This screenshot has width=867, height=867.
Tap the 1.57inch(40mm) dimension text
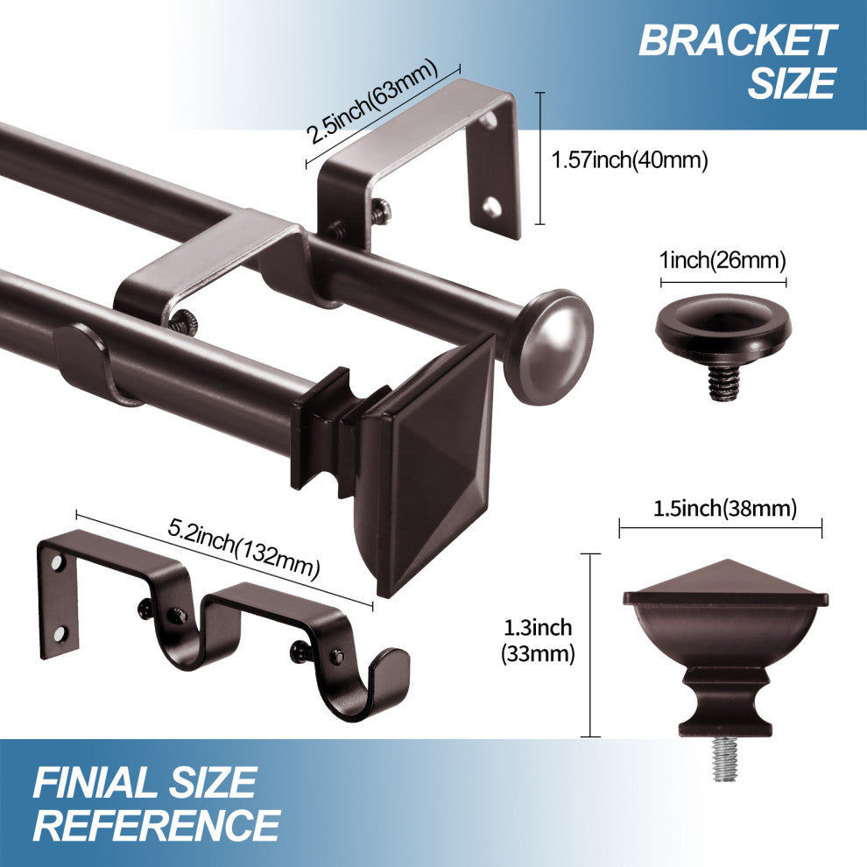(x=629, y=160)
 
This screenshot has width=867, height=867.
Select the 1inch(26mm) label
(x=722, y=260)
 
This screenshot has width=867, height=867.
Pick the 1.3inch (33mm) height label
(x=538, y=640)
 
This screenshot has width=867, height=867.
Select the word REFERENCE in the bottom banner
(x=162, y=825)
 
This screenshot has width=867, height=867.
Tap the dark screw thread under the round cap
(x=721, y=383)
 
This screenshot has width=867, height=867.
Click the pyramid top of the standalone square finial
(x=724, y=577)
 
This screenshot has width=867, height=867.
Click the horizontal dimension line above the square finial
(x=721, y=528)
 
